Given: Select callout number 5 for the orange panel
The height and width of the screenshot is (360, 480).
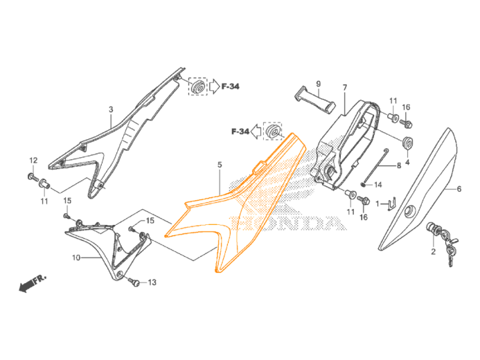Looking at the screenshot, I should (220, 165).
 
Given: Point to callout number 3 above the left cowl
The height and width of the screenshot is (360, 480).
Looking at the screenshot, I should (111, 109).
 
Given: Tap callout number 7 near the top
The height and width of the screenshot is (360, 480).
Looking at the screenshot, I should (344, 87).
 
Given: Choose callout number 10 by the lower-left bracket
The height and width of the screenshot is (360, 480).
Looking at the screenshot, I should (76, 257).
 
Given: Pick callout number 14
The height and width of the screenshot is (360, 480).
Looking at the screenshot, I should (379, 185).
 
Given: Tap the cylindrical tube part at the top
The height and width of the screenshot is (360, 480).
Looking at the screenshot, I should (317, 96).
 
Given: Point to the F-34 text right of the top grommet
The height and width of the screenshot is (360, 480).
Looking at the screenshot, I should (231, 87).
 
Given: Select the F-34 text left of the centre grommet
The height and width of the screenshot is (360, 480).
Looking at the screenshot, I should (240, 130).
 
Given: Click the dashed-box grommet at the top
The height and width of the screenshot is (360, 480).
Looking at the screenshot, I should (197, 87).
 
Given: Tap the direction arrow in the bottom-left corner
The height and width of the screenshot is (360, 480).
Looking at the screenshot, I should (31, 282).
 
